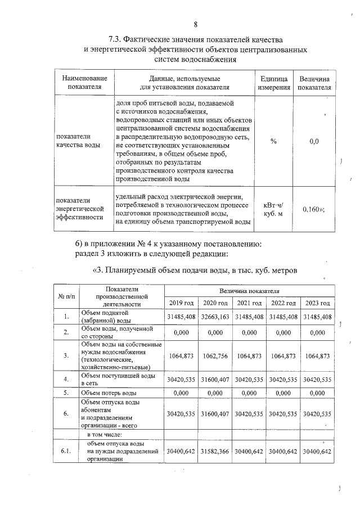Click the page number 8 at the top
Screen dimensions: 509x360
(196, 24)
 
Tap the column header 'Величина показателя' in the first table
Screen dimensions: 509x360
(314, 83)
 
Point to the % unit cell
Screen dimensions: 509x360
(273, 141)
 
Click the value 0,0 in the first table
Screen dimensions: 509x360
(314, 141)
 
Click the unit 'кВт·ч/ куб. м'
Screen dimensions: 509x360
(273, 209)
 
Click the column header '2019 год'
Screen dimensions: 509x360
(181, 303)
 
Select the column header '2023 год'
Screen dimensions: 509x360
(317, 303)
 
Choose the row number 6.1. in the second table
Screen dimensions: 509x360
(65, 451)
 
